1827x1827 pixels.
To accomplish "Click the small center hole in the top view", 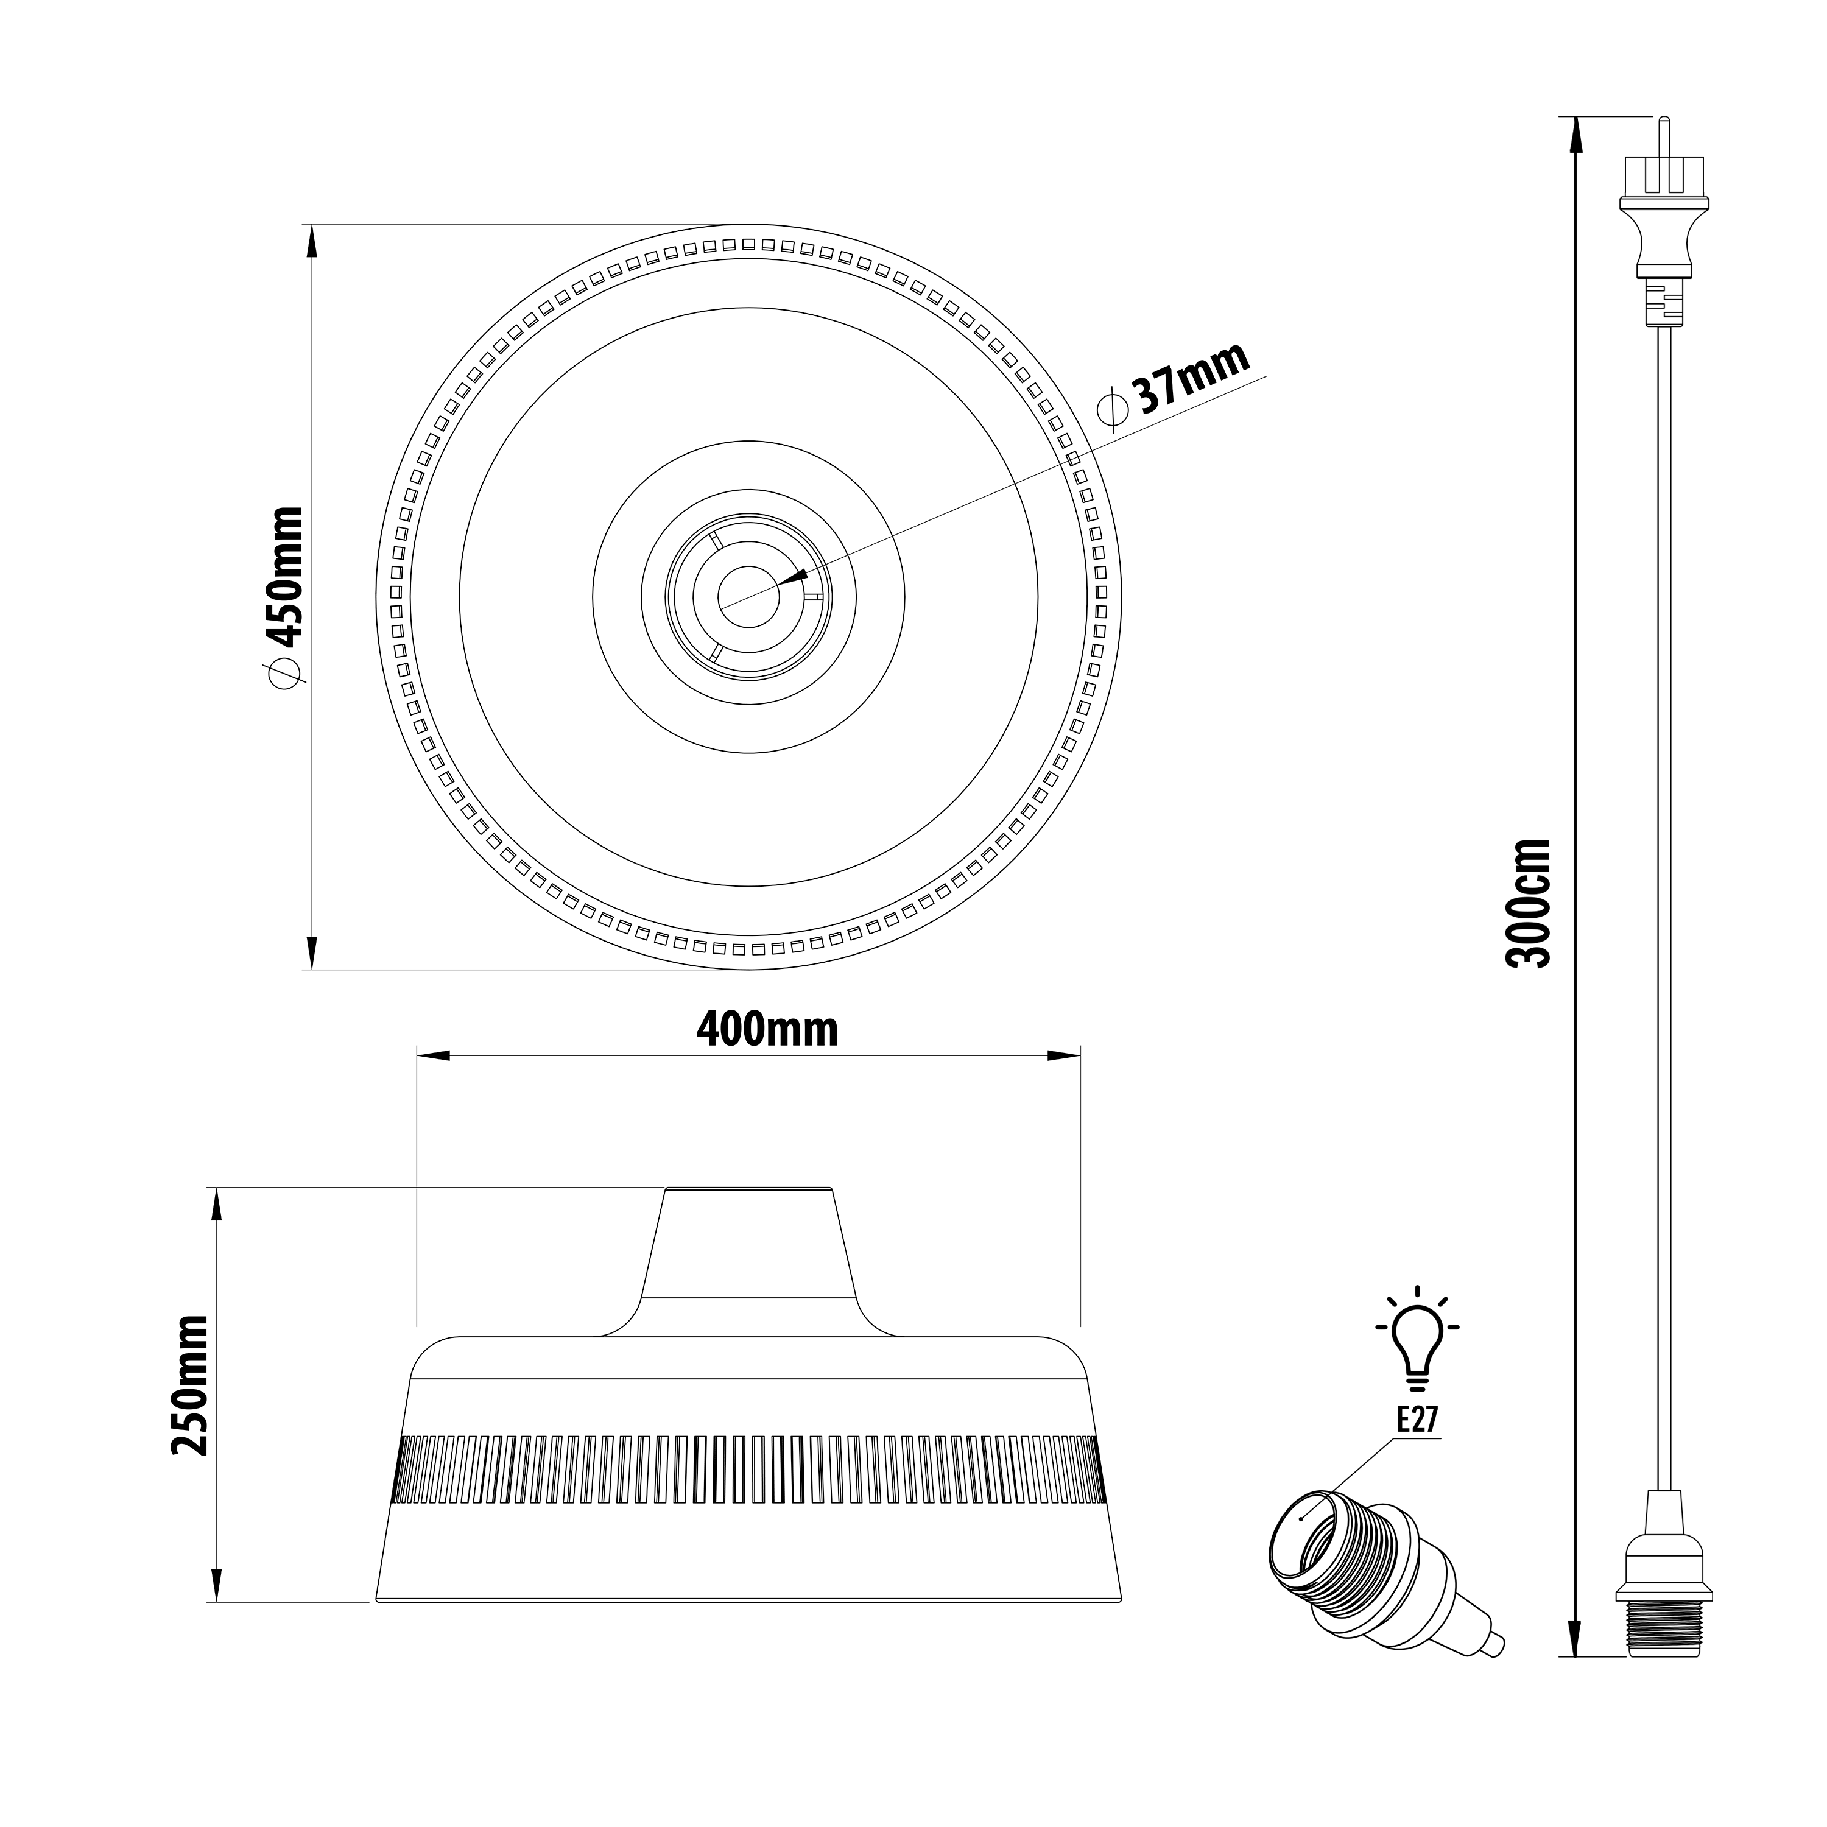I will [748, 597].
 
